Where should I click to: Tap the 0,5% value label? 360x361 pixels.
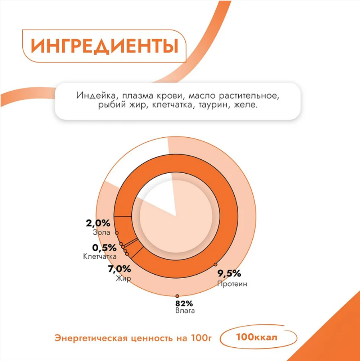(104, 248)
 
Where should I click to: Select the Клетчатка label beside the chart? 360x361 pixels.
(100, 257)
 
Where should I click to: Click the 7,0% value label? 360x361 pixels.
(119, 269)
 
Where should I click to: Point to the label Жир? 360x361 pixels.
(123, 279)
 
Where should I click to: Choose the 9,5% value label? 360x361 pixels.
(229, 274)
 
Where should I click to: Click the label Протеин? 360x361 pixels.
(232, 284)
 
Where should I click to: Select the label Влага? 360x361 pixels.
(185, 310)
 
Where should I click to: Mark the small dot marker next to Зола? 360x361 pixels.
(117, 233)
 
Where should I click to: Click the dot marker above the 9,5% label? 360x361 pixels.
(215, 265)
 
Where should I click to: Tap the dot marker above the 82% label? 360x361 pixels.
(177, 296)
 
